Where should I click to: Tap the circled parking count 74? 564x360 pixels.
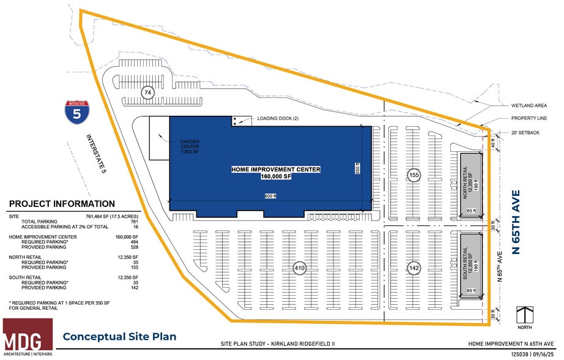click(147, 93)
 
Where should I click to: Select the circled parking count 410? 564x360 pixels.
click(299, 268)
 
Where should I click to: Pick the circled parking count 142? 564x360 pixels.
click(414, 268)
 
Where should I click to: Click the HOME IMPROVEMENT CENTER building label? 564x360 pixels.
click(276, 172)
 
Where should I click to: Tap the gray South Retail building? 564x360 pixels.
click(472, 264)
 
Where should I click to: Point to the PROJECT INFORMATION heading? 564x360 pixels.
click(62, 204)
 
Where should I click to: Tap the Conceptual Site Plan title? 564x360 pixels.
click(119, 336)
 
